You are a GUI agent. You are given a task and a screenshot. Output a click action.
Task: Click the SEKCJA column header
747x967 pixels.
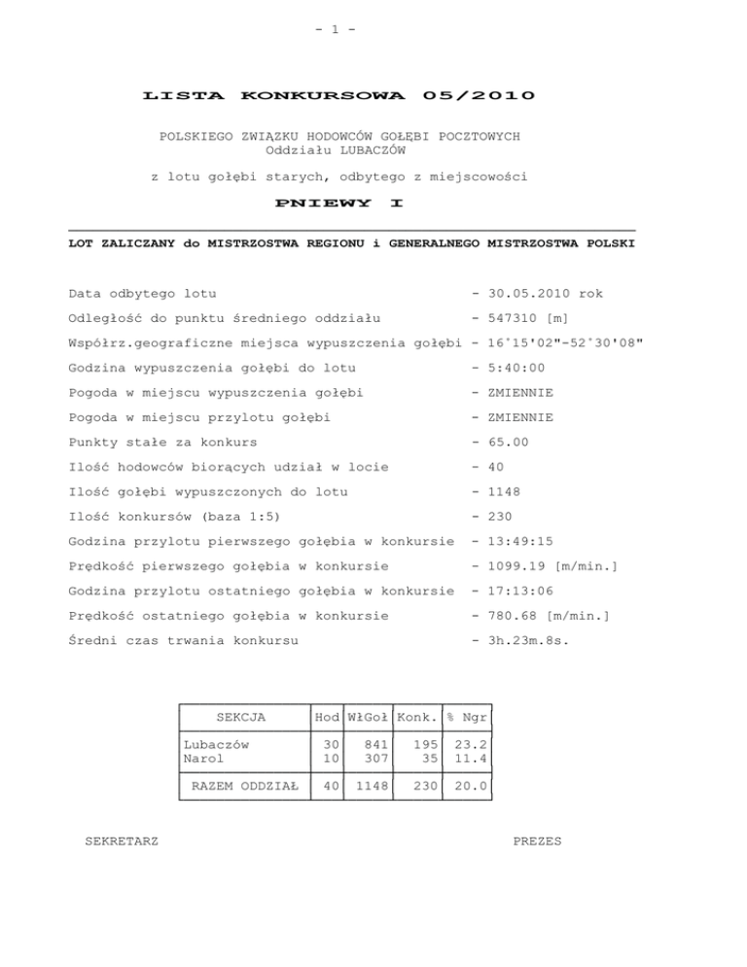240,718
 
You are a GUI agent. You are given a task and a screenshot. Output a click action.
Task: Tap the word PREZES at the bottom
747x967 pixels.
536,841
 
